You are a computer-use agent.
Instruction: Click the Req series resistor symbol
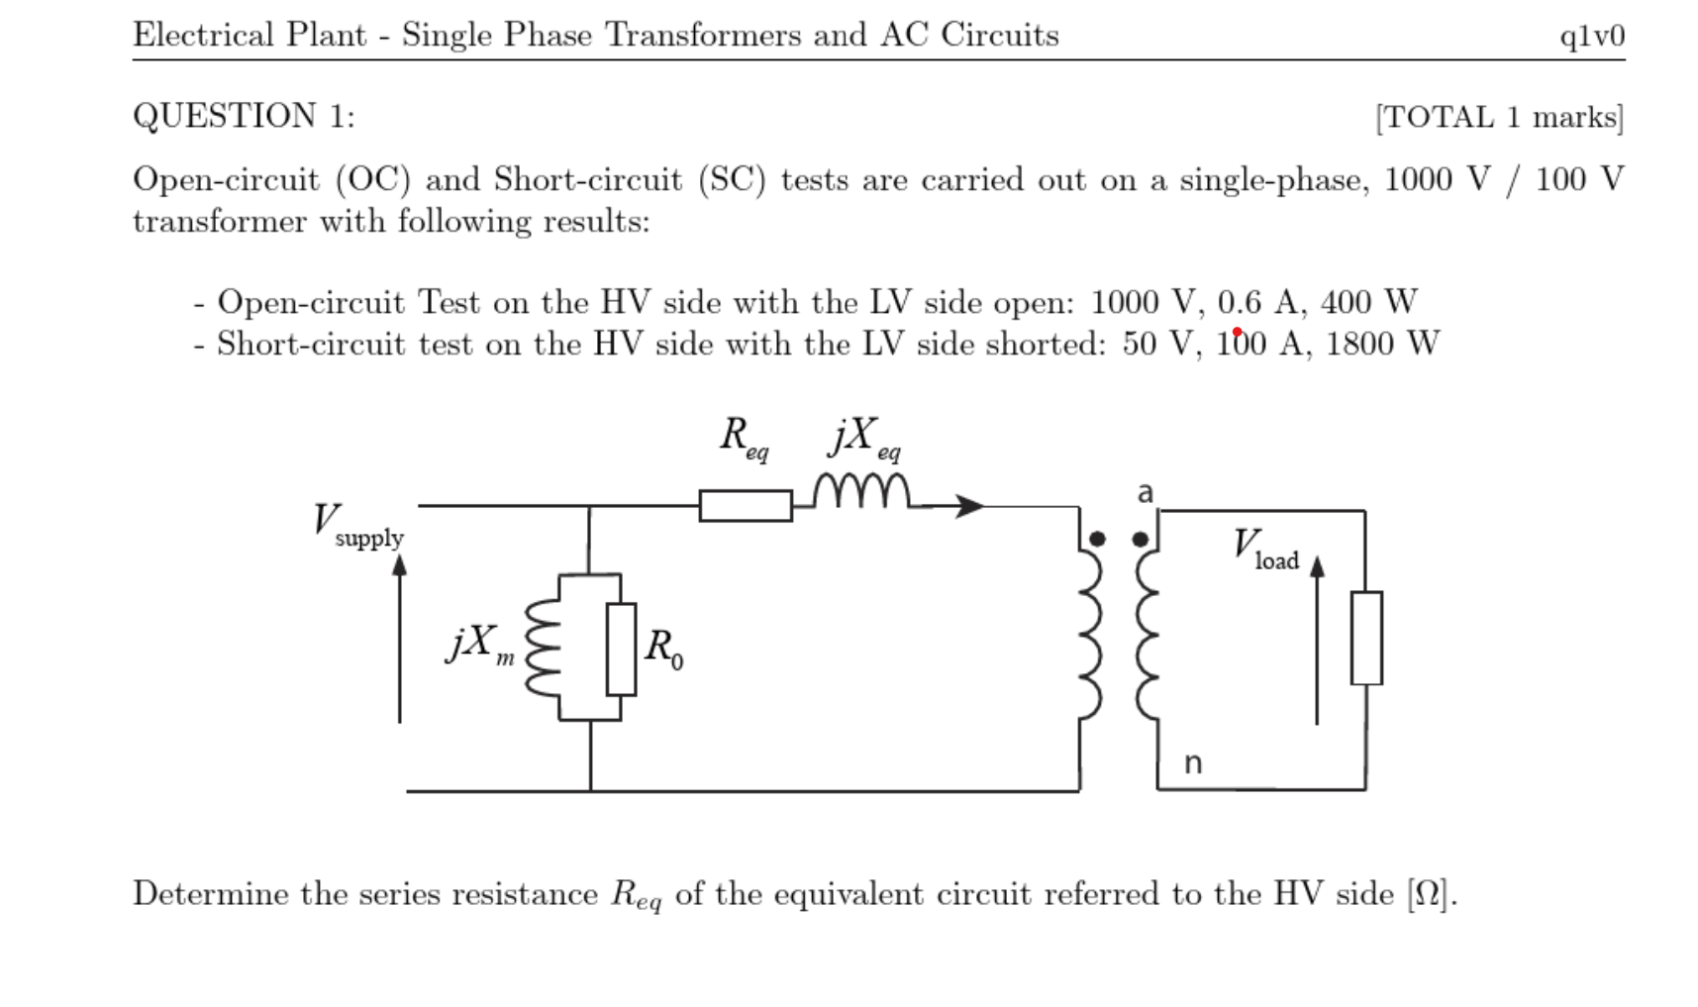tap(746, 505)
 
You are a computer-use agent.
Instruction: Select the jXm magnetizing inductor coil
tap(544, 649)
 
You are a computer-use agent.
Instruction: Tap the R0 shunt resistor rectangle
tap(621, 649)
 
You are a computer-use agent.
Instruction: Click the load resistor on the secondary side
tap(1366, 638)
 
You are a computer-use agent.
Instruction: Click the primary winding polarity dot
tap(1097, 539)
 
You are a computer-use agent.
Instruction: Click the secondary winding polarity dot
tap(1140, 539)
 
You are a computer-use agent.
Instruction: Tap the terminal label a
tap(1146, 492)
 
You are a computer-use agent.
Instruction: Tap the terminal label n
tap(1193, 762)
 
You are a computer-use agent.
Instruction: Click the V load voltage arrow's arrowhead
tap(1317, 565)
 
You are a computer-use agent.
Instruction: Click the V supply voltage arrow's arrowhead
tap(399, 564)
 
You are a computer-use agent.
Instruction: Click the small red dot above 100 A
tap(1237, 332)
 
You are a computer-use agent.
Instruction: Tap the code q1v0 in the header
tap(1591, 36)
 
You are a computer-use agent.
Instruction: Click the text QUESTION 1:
tap(244, 116)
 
